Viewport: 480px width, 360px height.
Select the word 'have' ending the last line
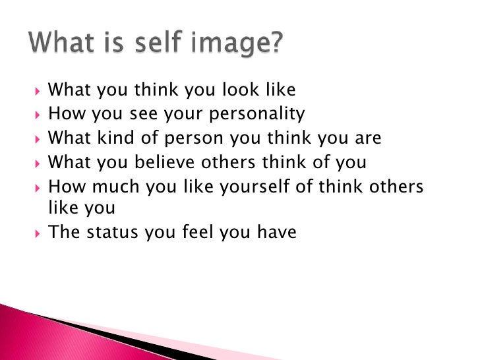click(278, 232)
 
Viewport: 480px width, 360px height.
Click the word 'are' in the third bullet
click(369, 138)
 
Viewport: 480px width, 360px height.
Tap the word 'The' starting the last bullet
click(63, 232)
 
